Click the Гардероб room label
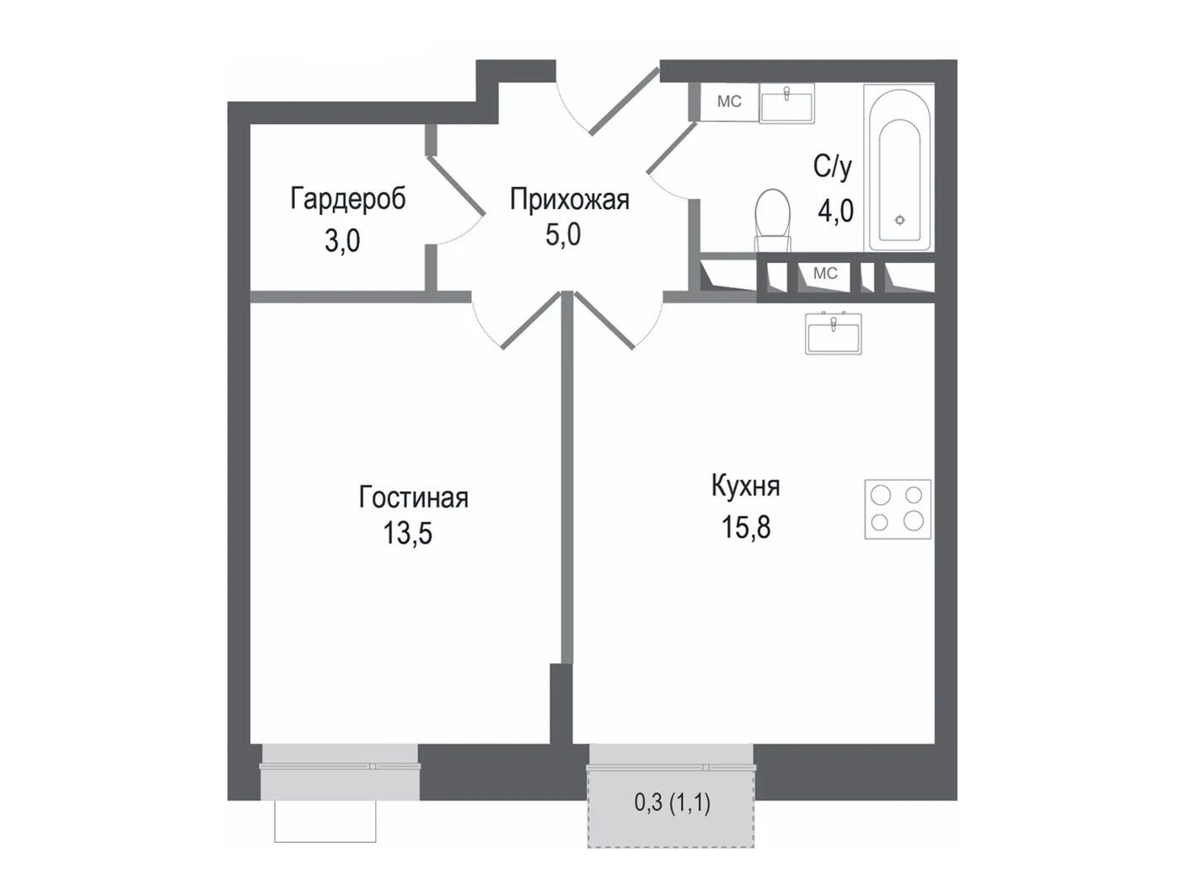click(x=348, y=200)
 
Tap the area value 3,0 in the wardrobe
click(x=342, y=241)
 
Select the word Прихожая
click(x=569, y=200)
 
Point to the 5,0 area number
click(x=563, y=235)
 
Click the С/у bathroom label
click(x=833, y=168)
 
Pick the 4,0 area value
click(x=835, y=211)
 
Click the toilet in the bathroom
click(x=773, y=220)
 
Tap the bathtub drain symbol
click(x=900, y=220)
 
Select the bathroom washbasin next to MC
click(x=786, y=103)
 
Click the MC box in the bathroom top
click(x=730, y=101)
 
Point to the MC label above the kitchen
click(x=825, y=273)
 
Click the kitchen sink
click(x=834, y=333)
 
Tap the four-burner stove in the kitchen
click(x=898, y=509)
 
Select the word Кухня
click(x=746, y=487)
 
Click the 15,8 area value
click(x=746, y=527)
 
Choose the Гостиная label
click(x=413, y=497)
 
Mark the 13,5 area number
click(x=407, y=534)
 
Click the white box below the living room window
click(x=325, y=821)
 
